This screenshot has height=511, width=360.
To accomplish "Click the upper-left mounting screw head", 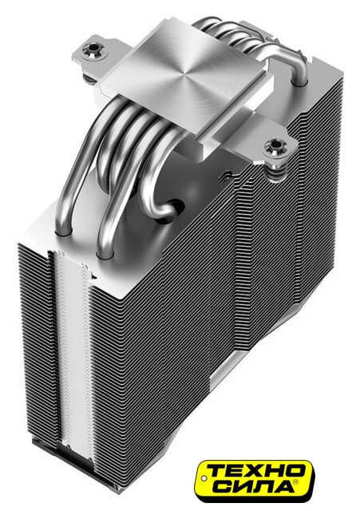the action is click(x=93, y=50).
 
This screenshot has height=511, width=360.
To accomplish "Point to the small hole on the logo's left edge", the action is click(x=204, y=478).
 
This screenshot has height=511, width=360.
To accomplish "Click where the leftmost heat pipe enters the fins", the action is click(x=64, y=232).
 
